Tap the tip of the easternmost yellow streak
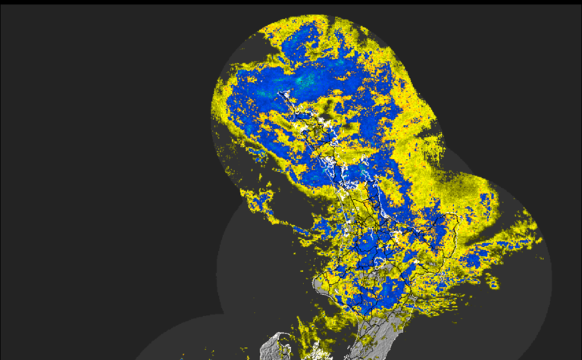coord(540,241)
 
